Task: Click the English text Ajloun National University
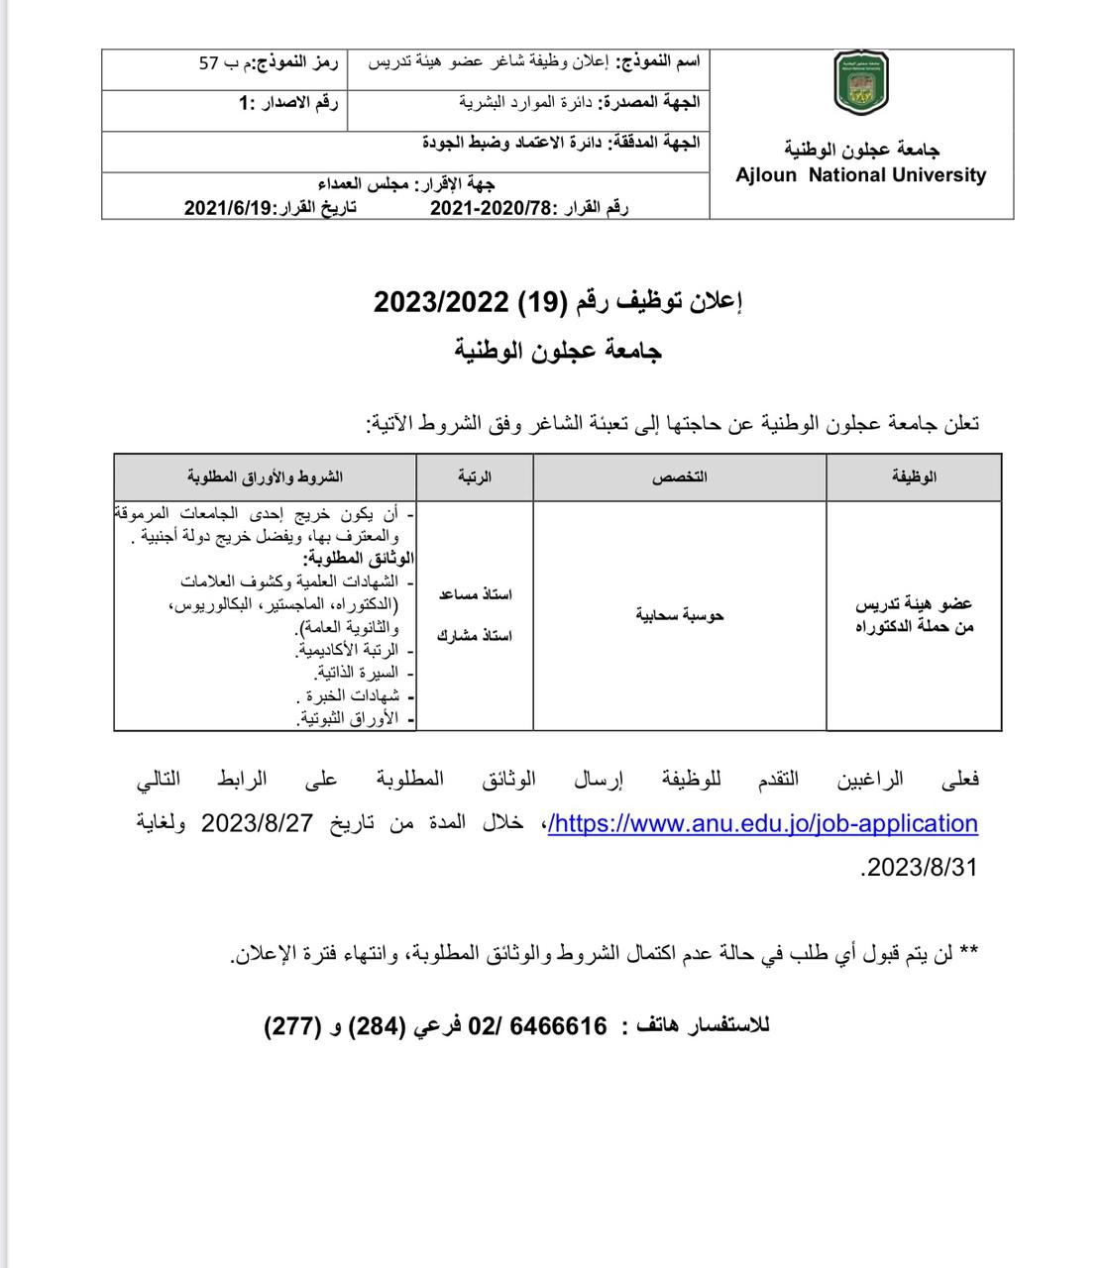click(x=860, y=175)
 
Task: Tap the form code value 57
click(x=209, y=62)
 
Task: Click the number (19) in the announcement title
click(x=541, y=300)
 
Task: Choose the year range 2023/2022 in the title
click(x=441, y=300)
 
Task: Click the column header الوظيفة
click(x=914, y=476)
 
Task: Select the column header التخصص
click(x=679, y=476)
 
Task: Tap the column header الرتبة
click(x=475, y=476)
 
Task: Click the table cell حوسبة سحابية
click(x=680, y=615)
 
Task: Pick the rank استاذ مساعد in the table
click(x=476, y=594)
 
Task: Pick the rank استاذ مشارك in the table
click(x=476, y=635)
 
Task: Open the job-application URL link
click(x=763, y=823)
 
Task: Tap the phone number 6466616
click(x=558, y=1026)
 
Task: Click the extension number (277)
click(x=292, y=1026)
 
